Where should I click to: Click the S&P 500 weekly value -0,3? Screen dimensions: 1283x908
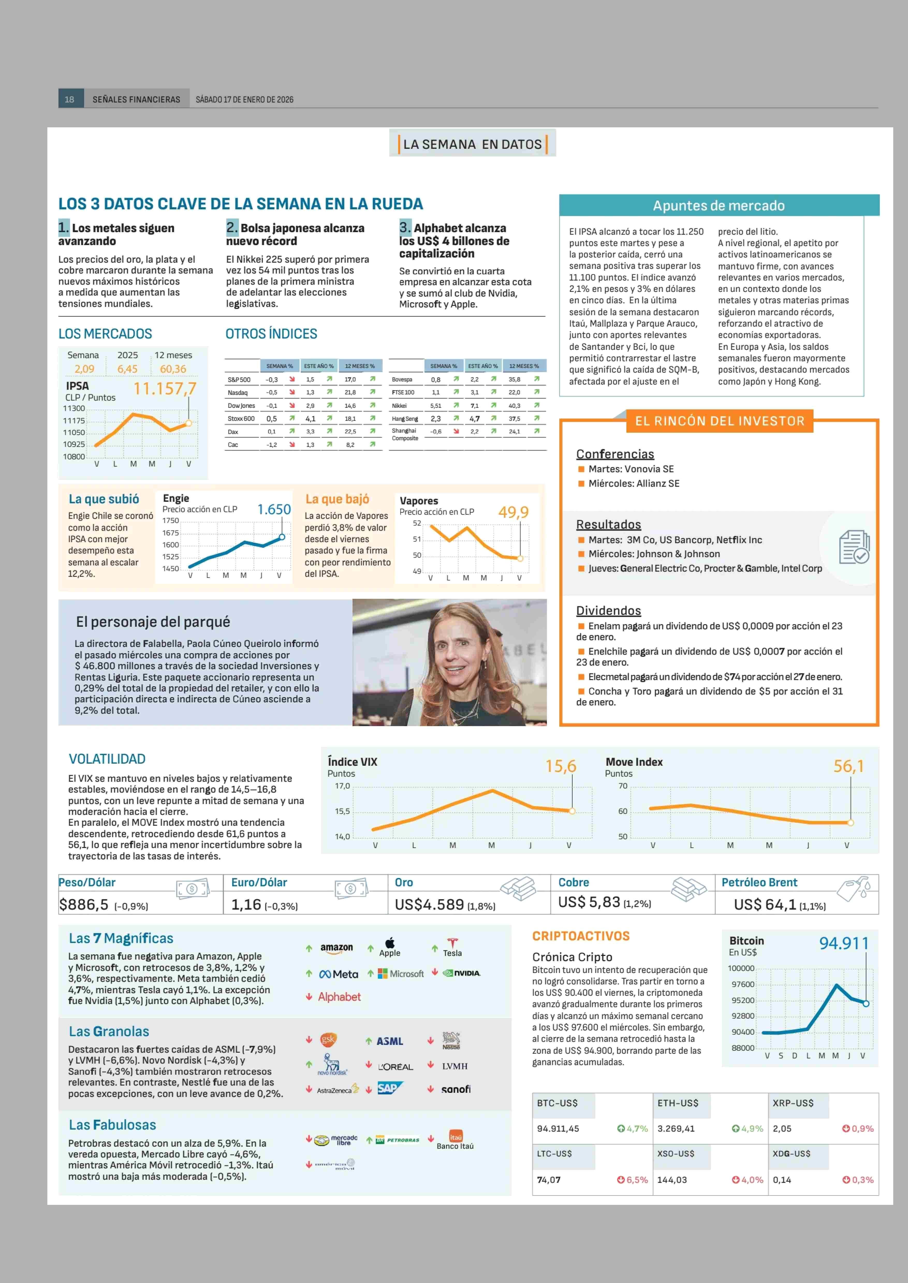click(272, 380)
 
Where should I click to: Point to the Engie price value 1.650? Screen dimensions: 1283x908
click(274, 509)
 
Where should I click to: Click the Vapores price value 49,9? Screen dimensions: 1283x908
click(513, 512)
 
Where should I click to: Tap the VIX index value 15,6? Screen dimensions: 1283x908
click(561, 766)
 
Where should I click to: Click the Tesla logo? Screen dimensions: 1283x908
click(452, 948)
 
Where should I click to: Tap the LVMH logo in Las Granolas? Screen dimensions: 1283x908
click(455, 1066)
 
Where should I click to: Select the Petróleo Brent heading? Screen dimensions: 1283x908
click(759, 882)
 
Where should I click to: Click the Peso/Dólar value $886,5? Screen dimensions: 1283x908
click(84, 904)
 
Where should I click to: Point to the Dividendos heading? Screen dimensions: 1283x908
click(608, 610)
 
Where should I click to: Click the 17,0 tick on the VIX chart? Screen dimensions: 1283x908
click(342, 786)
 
